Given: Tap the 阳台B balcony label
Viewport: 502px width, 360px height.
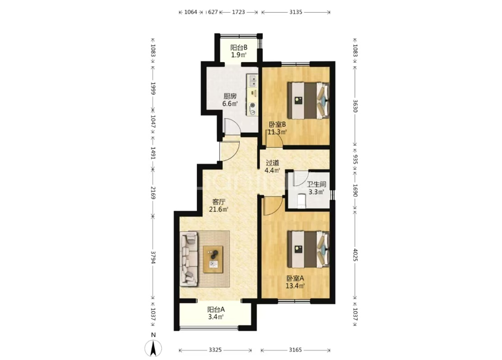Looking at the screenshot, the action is pos(239,47).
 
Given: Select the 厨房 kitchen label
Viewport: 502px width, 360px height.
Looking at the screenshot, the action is pos(230,96).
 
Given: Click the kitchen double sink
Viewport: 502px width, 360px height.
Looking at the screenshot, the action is pos(252,81).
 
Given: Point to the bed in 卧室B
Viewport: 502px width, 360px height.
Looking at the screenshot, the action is pos(308,100).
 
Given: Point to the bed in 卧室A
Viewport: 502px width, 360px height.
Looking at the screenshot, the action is pos(308,249).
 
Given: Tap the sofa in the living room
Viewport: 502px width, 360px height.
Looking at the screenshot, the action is pos(189,259).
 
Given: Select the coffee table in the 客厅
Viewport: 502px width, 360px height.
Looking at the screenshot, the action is pos(213,259).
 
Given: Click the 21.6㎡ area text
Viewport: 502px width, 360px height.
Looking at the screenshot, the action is pos(219,210).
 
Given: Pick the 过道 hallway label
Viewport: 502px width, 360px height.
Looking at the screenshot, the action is pos(273,162).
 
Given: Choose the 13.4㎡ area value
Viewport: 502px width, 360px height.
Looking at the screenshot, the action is pos(295,286).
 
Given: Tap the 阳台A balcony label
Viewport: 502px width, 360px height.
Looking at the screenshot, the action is pos(216,310).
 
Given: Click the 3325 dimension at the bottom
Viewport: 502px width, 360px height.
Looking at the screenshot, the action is pos(215,350).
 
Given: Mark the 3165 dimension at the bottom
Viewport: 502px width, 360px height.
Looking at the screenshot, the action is pos(295,350).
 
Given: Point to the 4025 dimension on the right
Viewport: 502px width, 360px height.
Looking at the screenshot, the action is pos(355,254).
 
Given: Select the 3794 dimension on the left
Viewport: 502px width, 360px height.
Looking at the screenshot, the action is pos(153,257).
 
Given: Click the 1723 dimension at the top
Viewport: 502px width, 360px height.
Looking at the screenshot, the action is pos(239,12).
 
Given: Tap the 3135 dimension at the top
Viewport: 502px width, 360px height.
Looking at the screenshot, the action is pos(296,12).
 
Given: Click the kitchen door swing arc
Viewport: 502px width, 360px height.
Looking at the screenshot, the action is pos(235,123).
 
